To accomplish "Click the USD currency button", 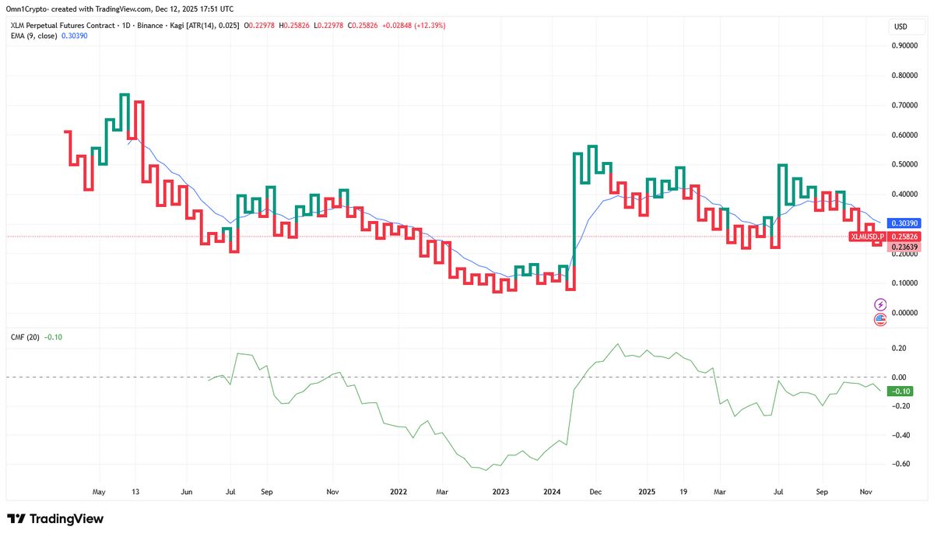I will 901,27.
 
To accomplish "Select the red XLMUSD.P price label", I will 866,235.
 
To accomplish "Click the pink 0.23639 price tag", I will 907,247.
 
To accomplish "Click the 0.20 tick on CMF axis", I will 899,348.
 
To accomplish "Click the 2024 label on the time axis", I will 552,492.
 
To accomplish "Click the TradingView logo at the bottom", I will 55,519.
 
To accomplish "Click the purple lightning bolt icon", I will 880,304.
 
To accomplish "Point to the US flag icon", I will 880,318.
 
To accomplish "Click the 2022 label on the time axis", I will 399,492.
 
